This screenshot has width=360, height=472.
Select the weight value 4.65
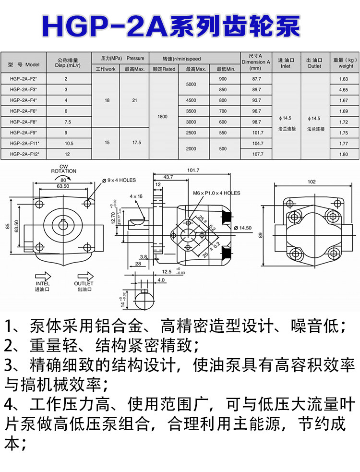[x=343, y=90]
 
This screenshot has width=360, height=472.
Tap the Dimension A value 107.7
[x=256, y=154]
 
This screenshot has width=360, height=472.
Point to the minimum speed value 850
[x=222, y=90]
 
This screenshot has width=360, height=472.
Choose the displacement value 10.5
[x=69, y=144]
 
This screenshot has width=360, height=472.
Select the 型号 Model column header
[x=24, y=64]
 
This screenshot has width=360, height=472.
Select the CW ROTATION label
[x=64, y=169]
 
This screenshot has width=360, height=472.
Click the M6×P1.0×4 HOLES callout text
[x=216, y=193]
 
